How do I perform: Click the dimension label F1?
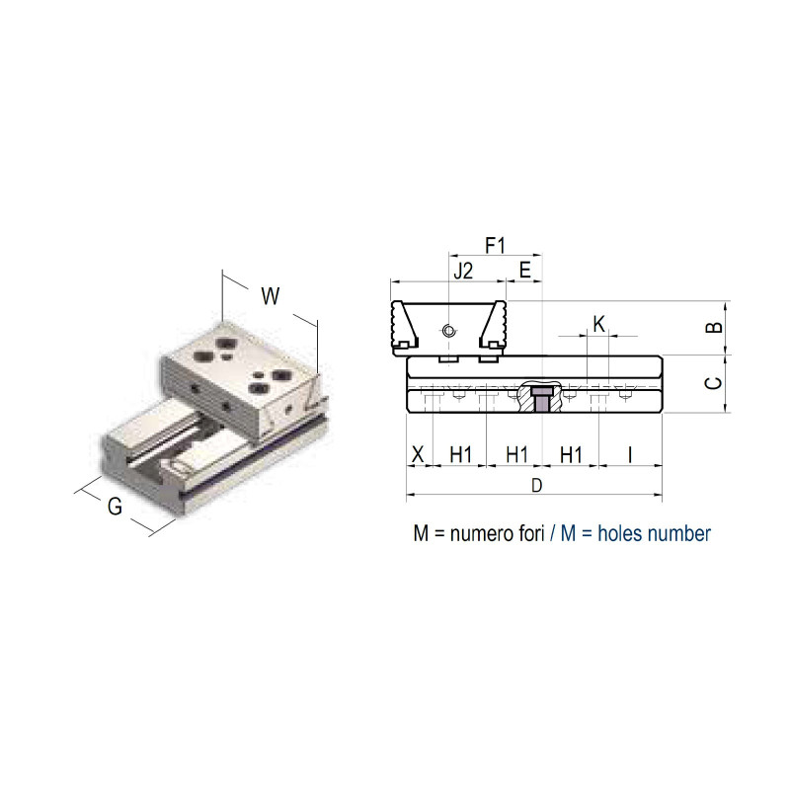(495, 246)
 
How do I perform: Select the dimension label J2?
(463, 271)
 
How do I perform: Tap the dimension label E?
(525, 271)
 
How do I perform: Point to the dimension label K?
(599, 324)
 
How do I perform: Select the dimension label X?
(418, 454)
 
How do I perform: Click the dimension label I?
(630, 454)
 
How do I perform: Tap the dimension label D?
(537, 485)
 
